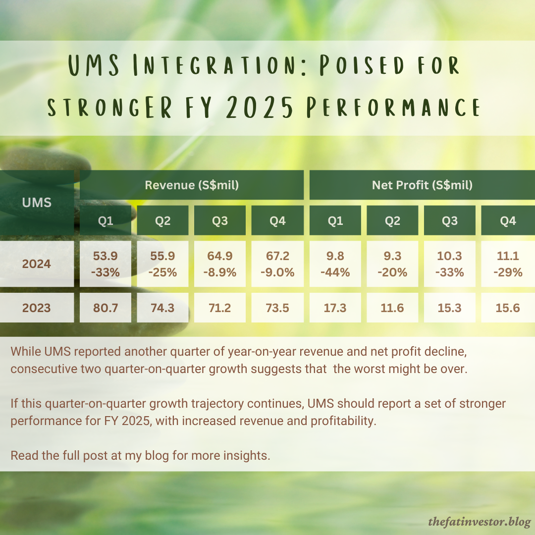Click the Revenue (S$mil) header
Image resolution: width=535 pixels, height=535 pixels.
pos(192,185)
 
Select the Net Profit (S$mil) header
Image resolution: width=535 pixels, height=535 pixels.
pos(422,185)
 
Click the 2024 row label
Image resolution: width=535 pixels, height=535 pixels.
pos(37,264)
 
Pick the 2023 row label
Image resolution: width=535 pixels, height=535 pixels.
pos(37,308)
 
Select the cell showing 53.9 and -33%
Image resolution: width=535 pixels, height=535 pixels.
pos(106,264)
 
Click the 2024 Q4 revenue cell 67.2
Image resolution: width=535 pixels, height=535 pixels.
pos(277,264)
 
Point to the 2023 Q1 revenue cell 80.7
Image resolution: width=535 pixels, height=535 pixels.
pos(106,308)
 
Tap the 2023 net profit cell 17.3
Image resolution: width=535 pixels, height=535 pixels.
pos(335,308)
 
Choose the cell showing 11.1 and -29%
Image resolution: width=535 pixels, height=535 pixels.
pos(508,264)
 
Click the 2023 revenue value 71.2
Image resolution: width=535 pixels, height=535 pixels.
pos(220,308)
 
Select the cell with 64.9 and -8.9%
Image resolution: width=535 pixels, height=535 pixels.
pos(220,264)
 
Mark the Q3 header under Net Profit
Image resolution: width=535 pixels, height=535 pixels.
pos(450,221)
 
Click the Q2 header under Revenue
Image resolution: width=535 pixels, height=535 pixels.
pos(163,221)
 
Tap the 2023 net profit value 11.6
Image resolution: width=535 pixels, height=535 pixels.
pos(392,308)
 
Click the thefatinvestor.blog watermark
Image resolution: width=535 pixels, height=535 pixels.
pos(480,522)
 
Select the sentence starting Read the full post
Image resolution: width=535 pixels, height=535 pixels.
pos(140,455)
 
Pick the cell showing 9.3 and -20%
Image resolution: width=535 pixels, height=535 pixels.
pos(392,264)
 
